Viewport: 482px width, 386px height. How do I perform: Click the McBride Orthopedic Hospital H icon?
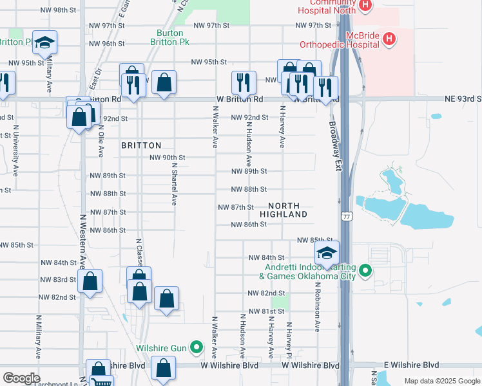389,39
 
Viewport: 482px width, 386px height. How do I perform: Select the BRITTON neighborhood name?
140,146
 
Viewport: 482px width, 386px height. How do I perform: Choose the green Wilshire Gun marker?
198,349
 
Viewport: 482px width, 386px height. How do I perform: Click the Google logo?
21,378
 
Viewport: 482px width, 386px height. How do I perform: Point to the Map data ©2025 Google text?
441,381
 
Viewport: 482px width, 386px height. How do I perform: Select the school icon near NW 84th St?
327,252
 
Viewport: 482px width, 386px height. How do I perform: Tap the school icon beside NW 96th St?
44,42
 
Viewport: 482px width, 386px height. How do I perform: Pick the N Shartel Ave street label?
174,183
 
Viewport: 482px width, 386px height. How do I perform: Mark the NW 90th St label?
168,158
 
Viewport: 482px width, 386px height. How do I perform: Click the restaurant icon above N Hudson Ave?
244,82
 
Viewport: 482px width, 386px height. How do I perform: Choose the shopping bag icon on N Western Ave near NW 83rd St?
90,281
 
